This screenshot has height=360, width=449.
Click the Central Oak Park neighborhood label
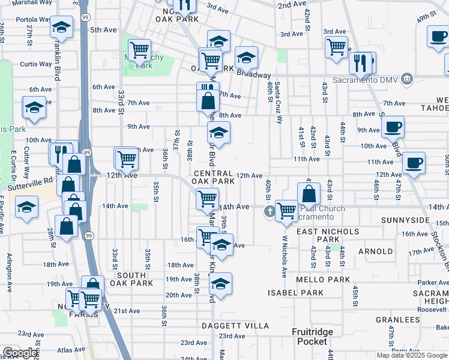click(213, 176)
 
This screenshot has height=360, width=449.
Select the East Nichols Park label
click(327, 235)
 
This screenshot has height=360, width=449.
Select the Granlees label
click(397, 320)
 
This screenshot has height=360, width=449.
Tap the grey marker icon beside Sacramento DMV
click(408, 79)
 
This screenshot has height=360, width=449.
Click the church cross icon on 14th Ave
click(270, 211)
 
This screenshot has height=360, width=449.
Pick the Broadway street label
click(254, 75)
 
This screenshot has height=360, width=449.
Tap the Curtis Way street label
click(32, 64)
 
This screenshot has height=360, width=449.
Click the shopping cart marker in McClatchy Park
click(140, 50)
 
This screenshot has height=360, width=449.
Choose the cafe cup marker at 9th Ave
click(393, 127)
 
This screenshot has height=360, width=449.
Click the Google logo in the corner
click(20, 353)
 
